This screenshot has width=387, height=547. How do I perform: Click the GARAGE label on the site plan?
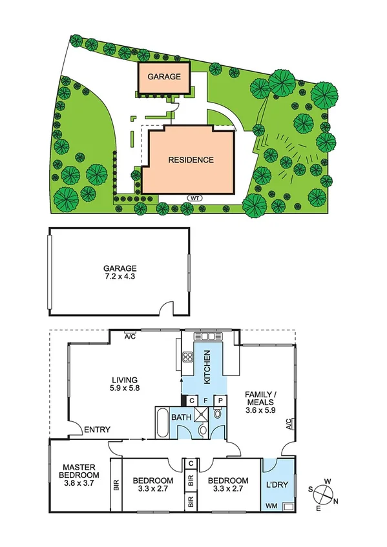pyautogui.click(x=164, y=76)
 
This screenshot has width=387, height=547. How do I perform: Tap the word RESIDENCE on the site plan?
pyautogui.click(x=191, y=160)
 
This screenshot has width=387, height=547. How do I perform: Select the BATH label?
pyautogui.click(x=180, y=417)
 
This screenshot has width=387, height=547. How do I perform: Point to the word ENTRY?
pyautogui.click(x=97, y=430)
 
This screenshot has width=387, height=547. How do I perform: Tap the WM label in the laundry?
pyautogui.click(x=273, y=506)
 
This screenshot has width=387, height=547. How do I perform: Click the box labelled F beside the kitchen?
pyautogui.click(x=205, y=400)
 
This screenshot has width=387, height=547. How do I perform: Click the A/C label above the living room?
pyautogui.click(x=129, y=335)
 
